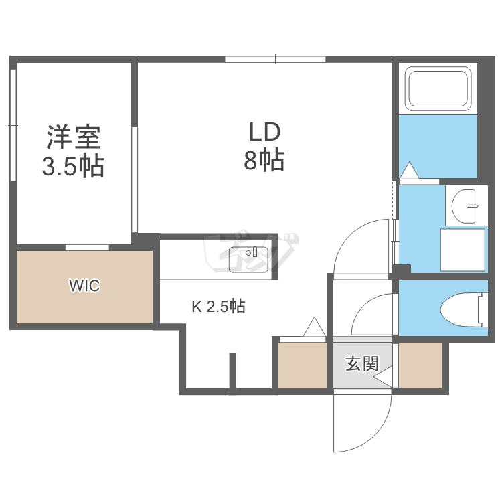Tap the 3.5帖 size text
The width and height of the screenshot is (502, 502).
click(x=73, y=165)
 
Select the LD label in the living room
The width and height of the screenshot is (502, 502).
click(x=264, y=132)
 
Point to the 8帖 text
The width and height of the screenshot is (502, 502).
click(x=264, y=161)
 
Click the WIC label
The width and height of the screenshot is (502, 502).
click(x=84, y=286)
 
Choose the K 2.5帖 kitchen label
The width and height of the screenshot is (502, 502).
click(x=218, y=307)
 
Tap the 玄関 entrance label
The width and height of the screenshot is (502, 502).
click(x=362, y=364)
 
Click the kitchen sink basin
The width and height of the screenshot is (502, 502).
click(x=249, y=260)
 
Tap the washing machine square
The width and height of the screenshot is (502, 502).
click(x=462, y=250)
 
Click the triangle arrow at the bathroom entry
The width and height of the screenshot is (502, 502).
click(x=409, y=171)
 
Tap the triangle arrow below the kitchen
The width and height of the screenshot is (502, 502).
click(x=313, y=328)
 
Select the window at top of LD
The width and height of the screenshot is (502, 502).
click(x=275, y=60)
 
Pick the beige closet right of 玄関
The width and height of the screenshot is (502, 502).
click(x=420, y=365)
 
